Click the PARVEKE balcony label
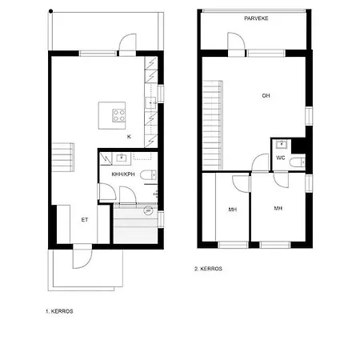click(x=256, y=18)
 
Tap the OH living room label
click(x=266, y=95)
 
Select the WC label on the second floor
click(x=281, y=158)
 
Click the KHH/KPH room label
click(x=123, y=174)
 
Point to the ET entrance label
click(x=85, y=220)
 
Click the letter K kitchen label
click(x=129, y=137)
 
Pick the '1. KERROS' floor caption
click(x=59, y=311)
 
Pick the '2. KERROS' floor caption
click(x=208, y=269)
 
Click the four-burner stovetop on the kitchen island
click(x=118, y=115)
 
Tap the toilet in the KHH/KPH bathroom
click(x=148, y=175)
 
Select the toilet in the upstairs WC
click(x=298, y=162)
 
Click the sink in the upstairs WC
click(x=282, y=145)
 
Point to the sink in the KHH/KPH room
click(x=122, y=158)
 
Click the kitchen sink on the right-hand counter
click(x=150, y=102)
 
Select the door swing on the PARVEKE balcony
click(x=236, y=41)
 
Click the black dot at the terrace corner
click(x=50, y=11)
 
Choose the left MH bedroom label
click(x=233, y=210)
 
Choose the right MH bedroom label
click(x=278, y=208)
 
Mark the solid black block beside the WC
click(x=298, y=146)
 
